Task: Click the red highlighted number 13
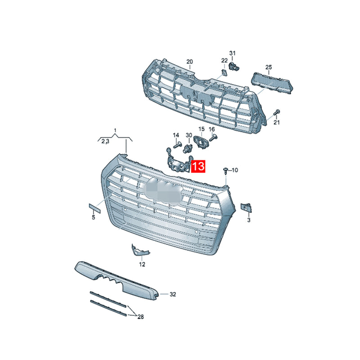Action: (x=198, y=166)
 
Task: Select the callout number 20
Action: (x=189, y=62)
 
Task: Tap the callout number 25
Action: (x=269, y=67)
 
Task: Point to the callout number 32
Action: (x=173, y=294)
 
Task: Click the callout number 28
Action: (x=140, y=317)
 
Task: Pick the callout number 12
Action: (x=142, y=264)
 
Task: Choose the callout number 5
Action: (x=94, y=217)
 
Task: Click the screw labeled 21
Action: (x=276, y=113)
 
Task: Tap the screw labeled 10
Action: (x=226, y=171)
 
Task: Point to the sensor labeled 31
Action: (x=234, y=66)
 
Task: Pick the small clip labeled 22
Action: (x=224, y=72)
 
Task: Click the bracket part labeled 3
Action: (x=246, y=208)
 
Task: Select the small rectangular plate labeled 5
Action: (x=94, y=208)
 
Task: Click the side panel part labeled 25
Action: (x=273, y=83)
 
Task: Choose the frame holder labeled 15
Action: (x=201, y=142)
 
